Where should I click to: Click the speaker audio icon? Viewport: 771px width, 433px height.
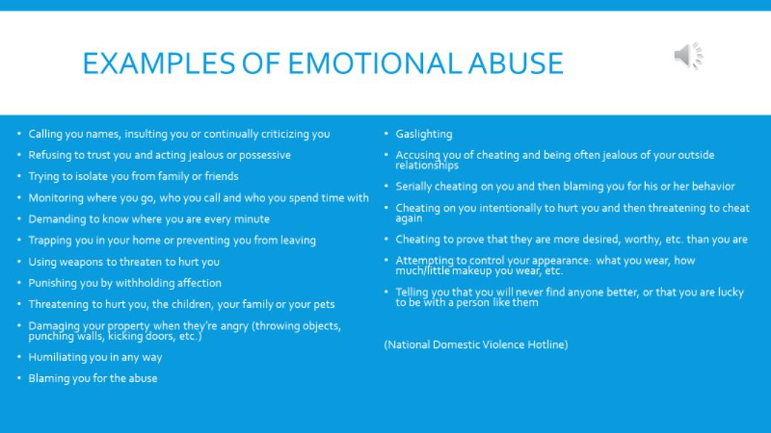(688, 56)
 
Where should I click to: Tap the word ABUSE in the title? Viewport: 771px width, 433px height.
(515, 64)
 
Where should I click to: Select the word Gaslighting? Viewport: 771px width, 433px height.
(424, 134)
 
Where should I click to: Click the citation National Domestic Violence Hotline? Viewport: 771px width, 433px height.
(476, 344)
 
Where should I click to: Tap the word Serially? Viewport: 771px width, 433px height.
(413, 187)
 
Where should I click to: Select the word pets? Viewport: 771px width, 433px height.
(324, 305)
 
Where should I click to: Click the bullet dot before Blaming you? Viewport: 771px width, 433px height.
(19, 378)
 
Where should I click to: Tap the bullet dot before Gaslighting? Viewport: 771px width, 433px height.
(387, 134)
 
